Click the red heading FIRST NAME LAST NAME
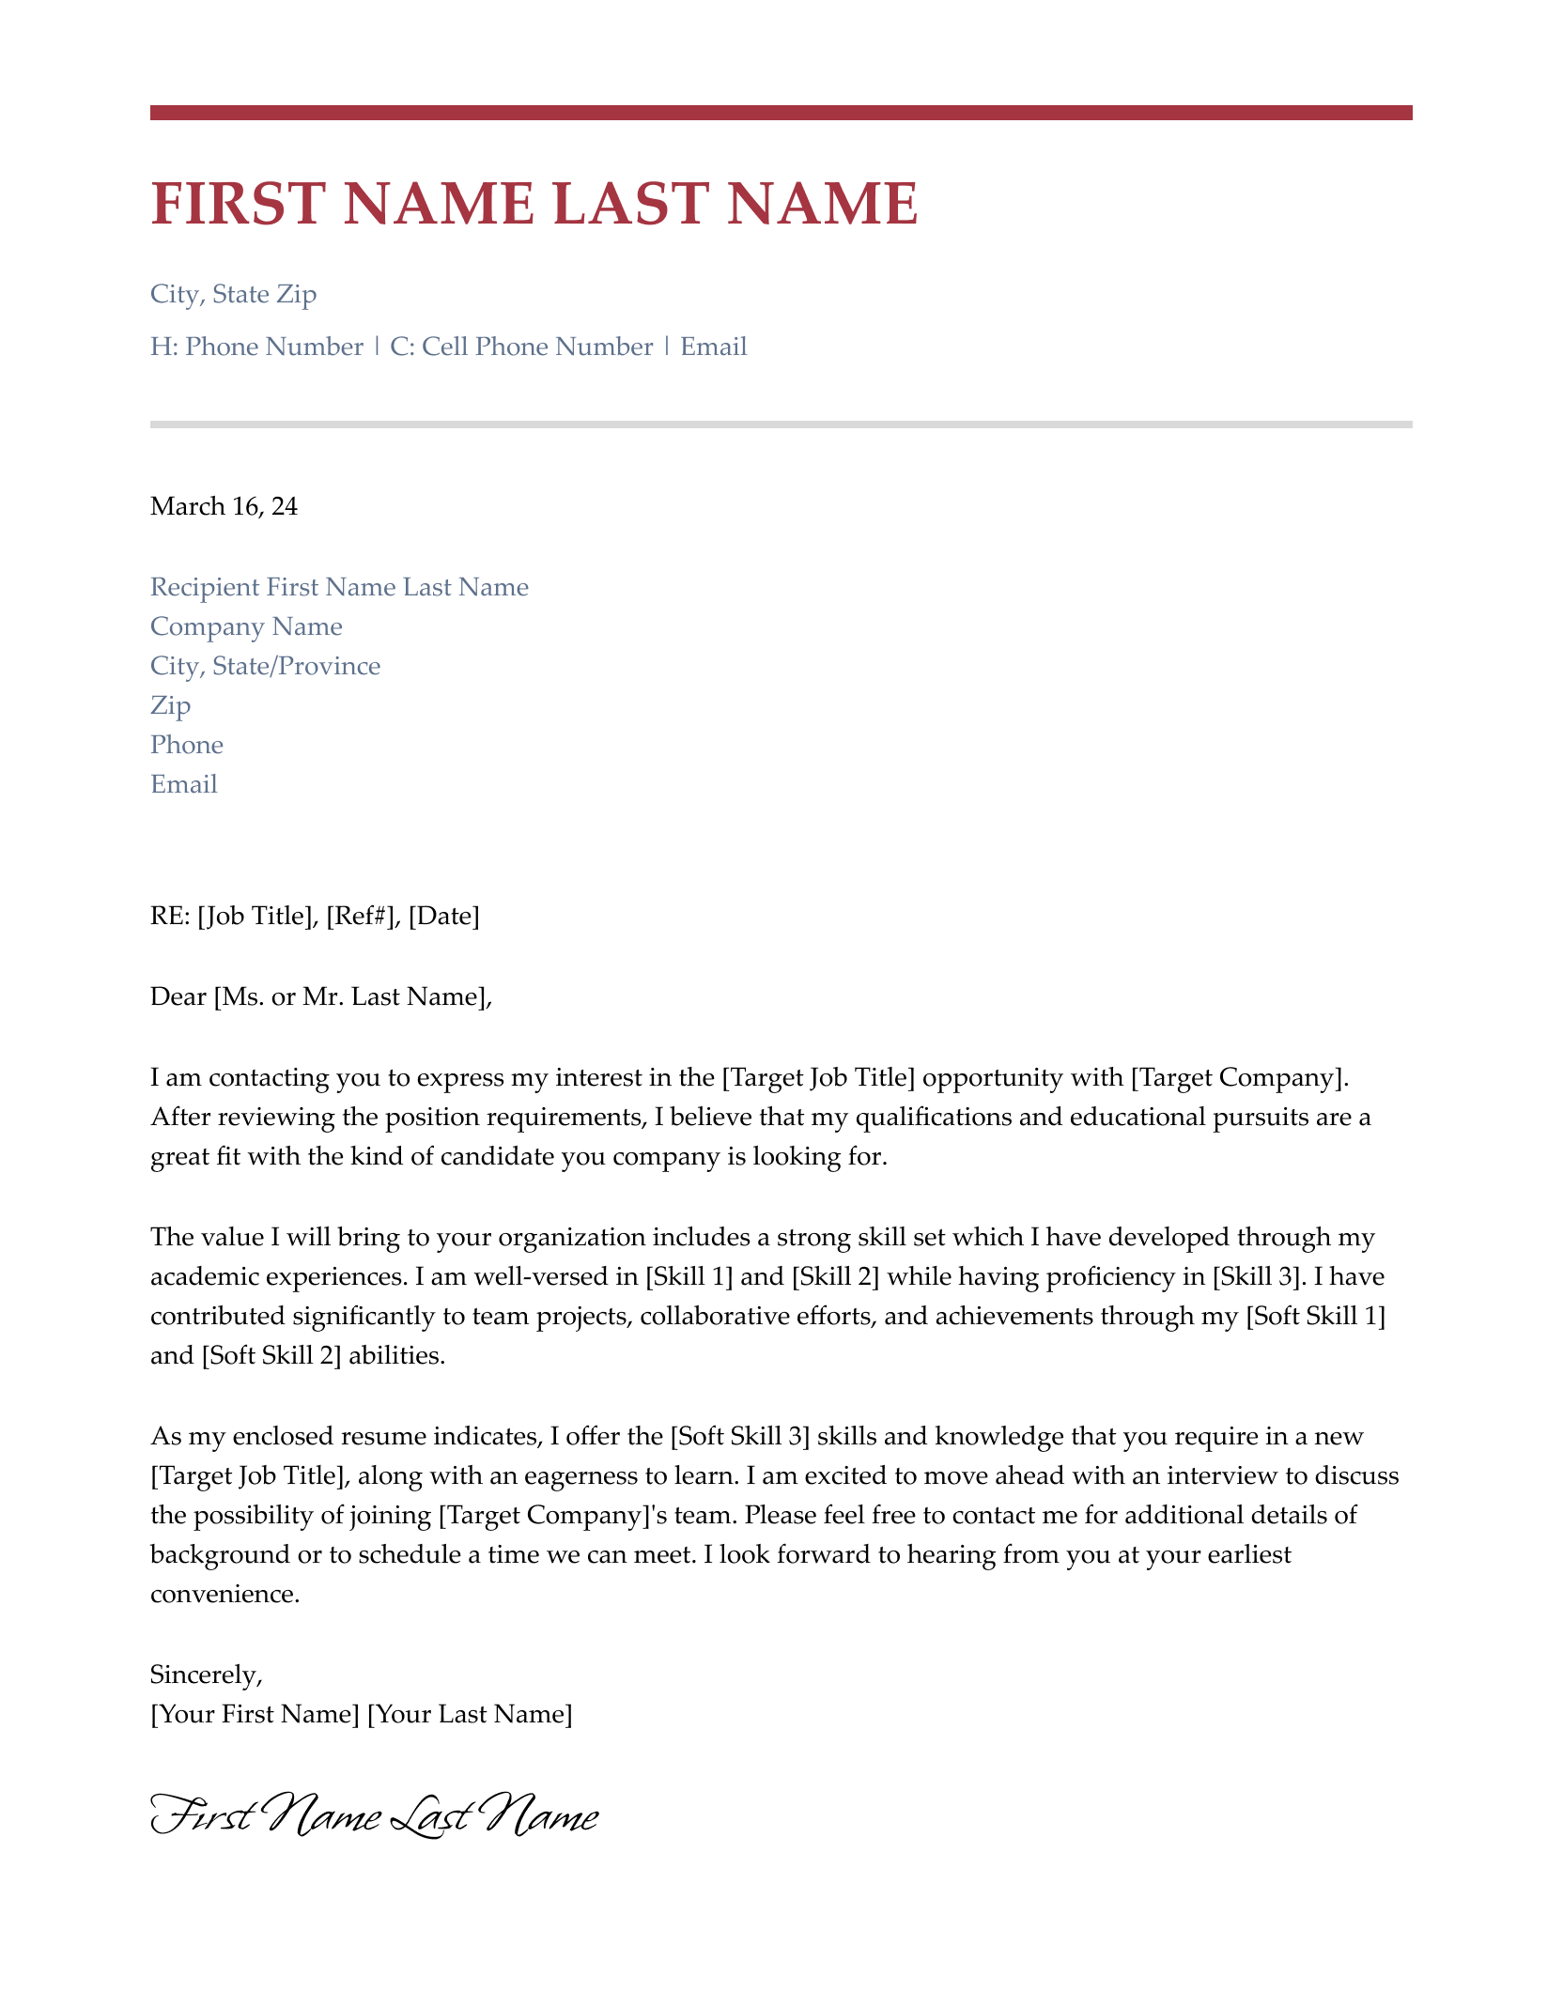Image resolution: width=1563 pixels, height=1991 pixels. coord(534,204)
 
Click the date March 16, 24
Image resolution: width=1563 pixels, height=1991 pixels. coord(224,507)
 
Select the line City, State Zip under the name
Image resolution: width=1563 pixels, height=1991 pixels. coord(233,295)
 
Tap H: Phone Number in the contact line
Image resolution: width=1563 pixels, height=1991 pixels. coord(256,347)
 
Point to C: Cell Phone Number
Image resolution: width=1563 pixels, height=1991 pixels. coord(521,347)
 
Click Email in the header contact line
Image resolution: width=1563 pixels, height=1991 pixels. coord(713,347)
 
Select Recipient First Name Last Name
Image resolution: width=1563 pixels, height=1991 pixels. coord(339,588)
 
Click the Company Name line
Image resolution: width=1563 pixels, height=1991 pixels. coord(246,627)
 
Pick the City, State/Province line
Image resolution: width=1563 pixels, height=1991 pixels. coord(265,667)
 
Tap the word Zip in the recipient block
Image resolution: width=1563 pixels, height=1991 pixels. coord(170,706)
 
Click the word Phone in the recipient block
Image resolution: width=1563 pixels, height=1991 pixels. coord(186,746)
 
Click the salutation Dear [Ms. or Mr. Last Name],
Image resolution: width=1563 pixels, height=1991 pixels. coord(320,997)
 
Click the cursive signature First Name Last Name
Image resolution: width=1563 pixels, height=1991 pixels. coord(374,1818)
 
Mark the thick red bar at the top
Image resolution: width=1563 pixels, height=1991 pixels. coord(781,113)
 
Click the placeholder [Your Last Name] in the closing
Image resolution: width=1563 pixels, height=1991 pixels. coord(469,1715)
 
